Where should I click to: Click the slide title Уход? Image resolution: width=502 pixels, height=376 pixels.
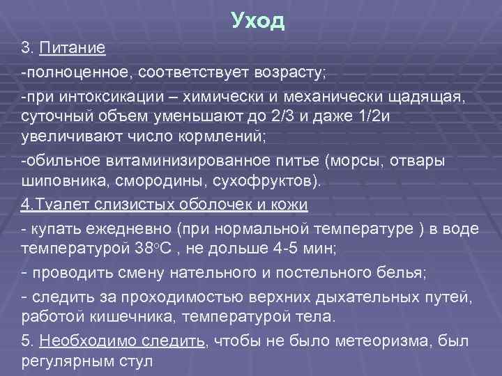pos(258,21)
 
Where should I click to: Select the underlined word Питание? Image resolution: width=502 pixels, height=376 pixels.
pos(73,48)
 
